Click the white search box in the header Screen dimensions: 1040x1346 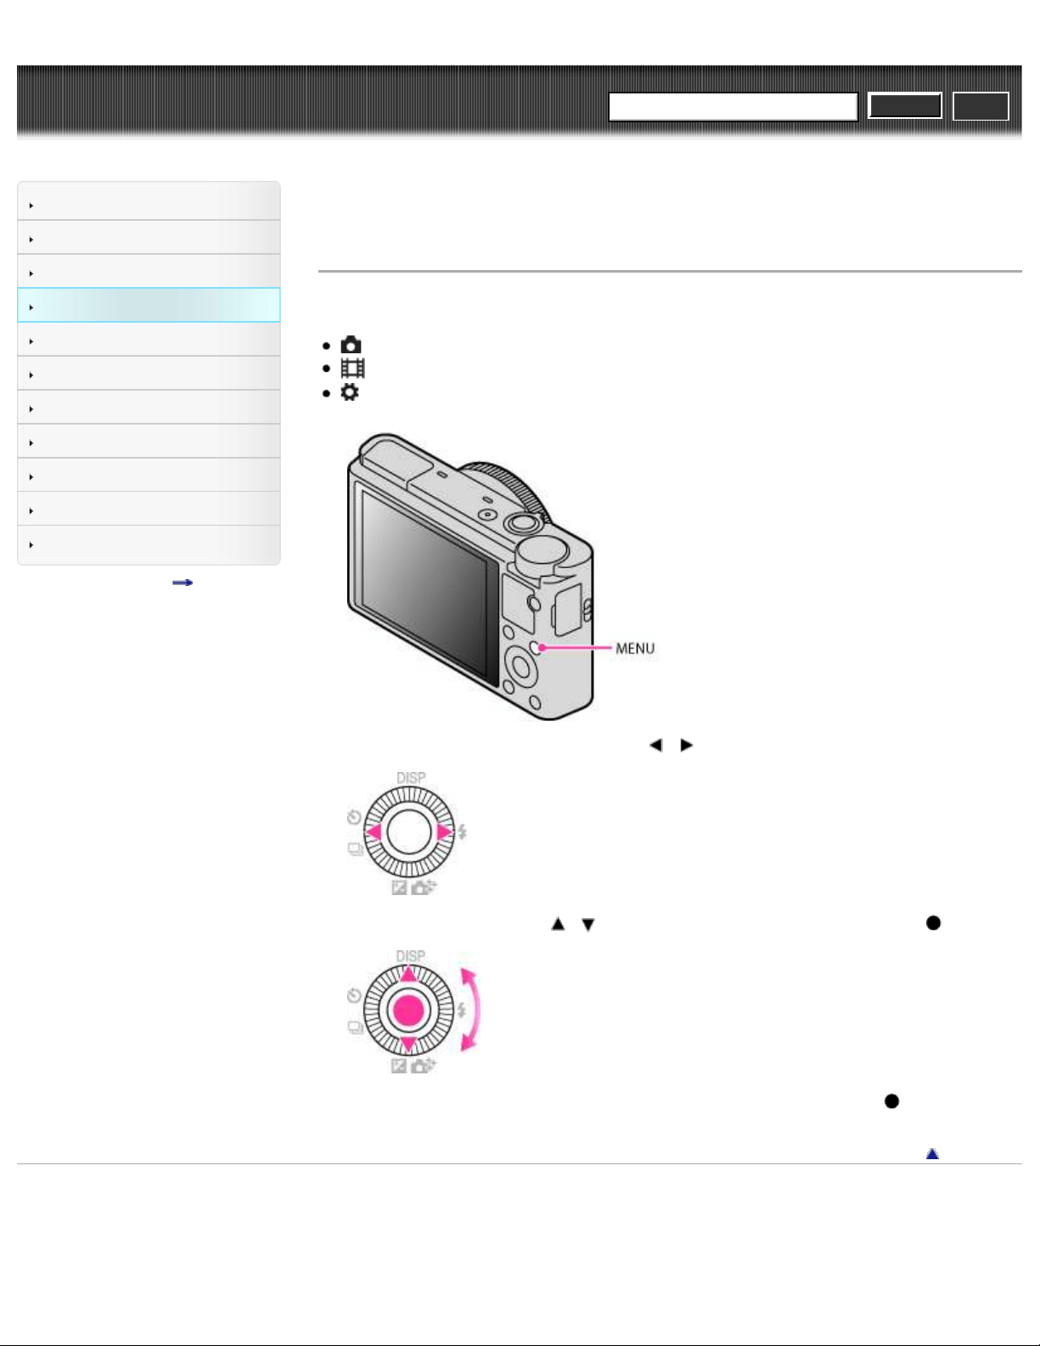(x=733, y=106)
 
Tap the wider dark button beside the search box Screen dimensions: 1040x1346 (x=905, y=106)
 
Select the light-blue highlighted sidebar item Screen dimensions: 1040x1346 (x=149, y=305)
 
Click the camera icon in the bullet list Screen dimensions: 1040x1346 (x=351, y=345)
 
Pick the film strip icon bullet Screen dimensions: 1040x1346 (x=353, y=369)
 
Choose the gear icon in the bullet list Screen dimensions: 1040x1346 (x=350, y=392)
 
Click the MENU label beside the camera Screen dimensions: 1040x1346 (x=635, y=649)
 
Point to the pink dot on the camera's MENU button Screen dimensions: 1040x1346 (x=542, y=648)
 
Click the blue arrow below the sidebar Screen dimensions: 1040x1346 (x=183, y=583)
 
